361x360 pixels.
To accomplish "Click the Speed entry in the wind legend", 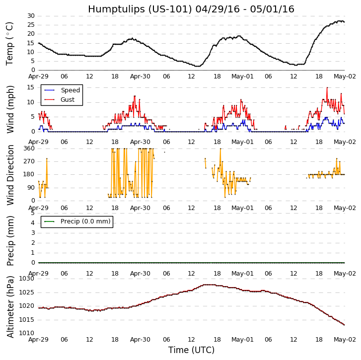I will [x=70, y=90].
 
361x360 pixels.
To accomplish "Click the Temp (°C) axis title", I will [x=10, y=43].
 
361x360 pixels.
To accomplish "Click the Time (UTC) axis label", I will [x=191, y=350].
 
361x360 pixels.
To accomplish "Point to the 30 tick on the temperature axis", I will [x=31, y=16].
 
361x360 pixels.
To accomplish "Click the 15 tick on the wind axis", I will [x=31, y=87].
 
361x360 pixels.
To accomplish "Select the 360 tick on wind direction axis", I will [x=29, y=148].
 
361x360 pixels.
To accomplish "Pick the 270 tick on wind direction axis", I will [x=29, y=161].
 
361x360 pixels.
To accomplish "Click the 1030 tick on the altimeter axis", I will [x=27, y=279].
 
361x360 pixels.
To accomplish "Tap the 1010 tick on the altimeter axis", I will [x=27, y=333].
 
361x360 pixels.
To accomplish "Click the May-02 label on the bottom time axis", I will [x=344, y=340].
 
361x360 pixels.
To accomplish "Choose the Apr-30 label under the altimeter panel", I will [x=141, y=340].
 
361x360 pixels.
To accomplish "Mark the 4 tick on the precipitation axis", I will [x=33, y=222].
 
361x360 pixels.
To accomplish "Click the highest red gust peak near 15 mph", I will [x=327, y=87].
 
